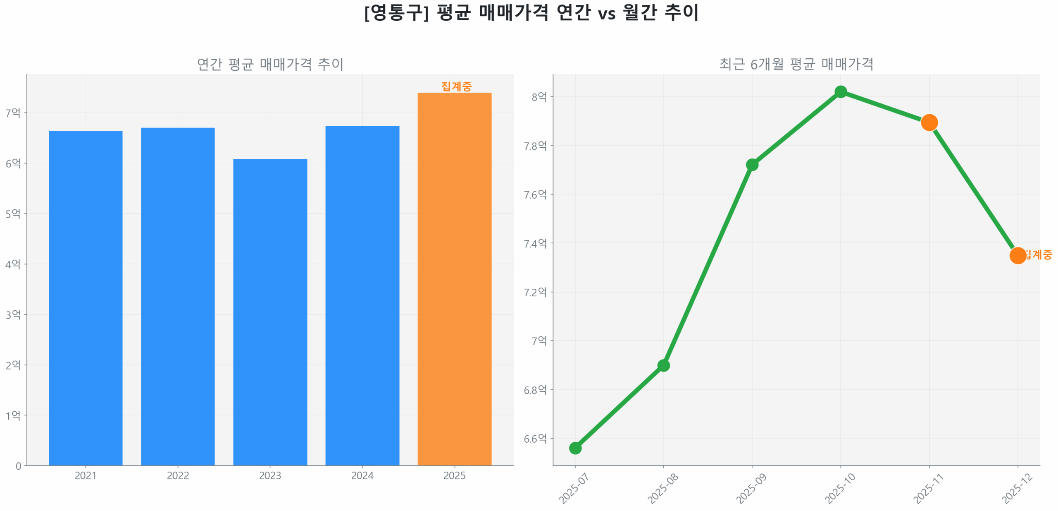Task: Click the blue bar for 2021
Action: coord(86,298)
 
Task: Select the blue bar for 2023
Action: coord(270,312)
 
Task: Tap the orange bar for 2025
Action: coord(454,279)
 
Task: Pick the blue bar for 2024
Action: coord(362,296)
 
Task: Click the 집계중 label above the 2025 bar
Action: coord(456,86)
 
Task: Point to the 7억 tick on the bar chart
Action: coord(12,113)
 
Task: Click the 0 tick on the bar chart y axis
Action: coord(18,466)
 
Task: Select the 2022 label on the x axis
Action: coord(178,475)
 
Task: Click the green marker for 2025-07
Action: coord(575,448)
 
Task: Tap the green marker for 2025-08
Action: coord(663,365)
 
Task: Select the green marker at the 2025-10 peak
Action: coord(841,92)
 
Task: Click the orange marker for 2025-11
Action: coord(929,122)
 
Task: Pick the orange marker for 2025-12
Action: coord(1017,256)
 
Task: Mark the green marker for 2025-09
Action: coord(752,165)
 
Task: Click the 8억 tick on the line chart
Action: coord(539,97)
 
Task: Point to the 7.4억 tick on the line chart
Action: coord(535,243)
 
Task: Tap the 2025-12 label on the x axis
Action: coord(1017,489)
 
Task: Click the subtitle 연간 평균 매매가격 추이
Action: coord(270,64)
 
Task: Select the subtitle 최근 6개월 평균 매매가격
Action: coord(796,64)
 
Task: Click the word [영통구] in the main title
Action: coord(396,12)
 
